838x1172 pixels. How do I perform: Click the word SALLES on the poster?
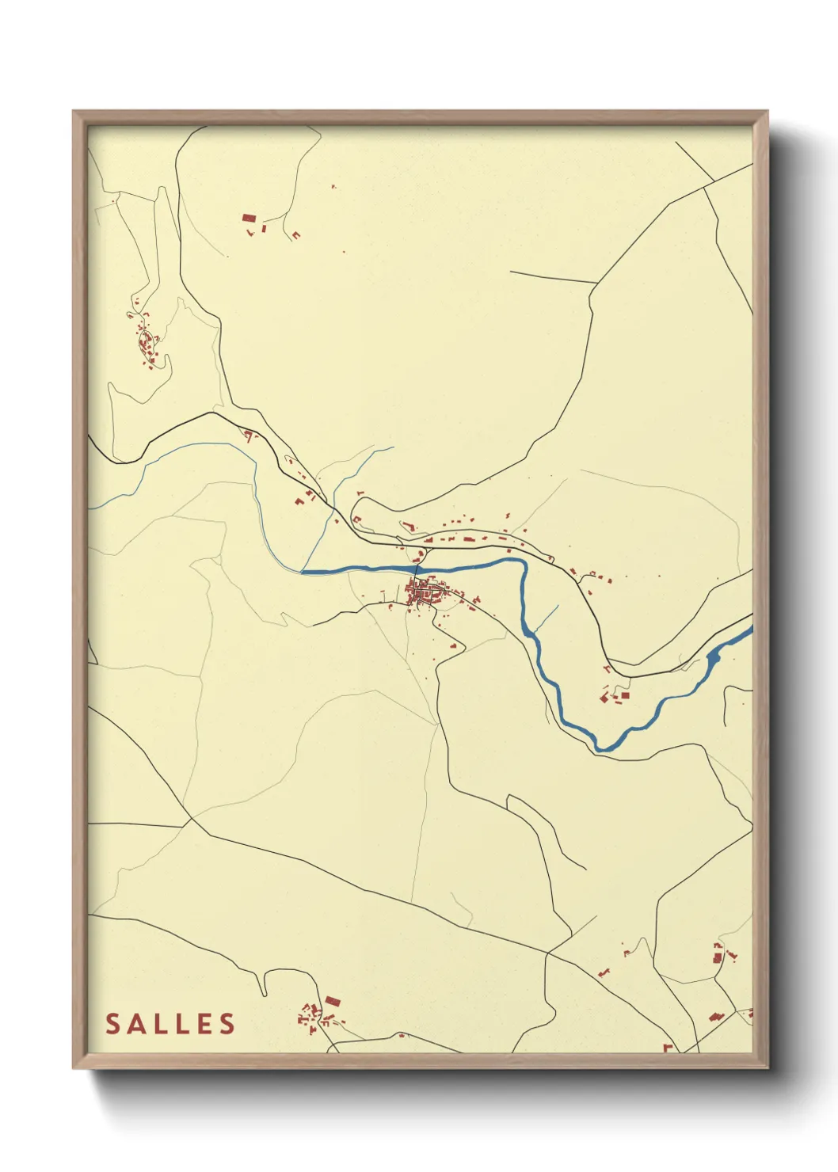point(171,1024)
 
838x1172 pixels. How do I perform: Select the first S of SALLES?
point(113,1024)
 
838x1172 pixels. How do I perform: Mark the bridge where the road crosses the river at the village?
point(417,568)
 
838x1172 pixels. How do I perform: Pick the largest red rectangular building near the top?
point(249,217)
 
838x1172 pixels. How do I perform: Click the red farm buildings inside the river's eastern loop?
point(614,697)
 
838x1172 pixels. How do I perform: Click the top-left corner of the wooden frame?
point(74,112)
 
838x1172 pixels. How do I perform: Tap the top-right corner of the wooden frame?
point(767,112)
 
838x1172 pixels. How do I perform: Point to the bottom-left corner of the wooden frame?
point(74,1067)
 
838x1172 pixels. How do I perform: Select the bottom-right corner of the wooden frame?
point(767,1067)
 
